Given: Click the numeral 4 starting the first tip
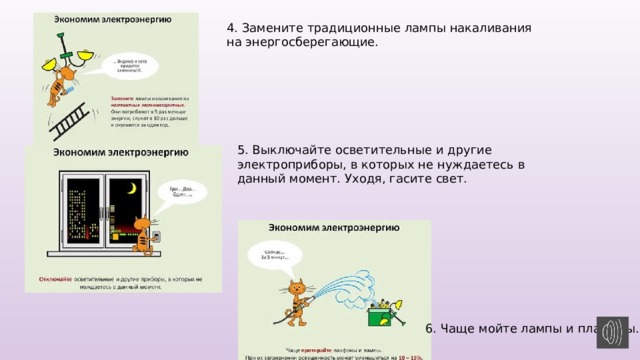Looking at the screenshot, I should tap(232, 28).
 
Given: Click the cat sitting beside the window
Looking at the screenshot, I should tap(147, 241).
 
